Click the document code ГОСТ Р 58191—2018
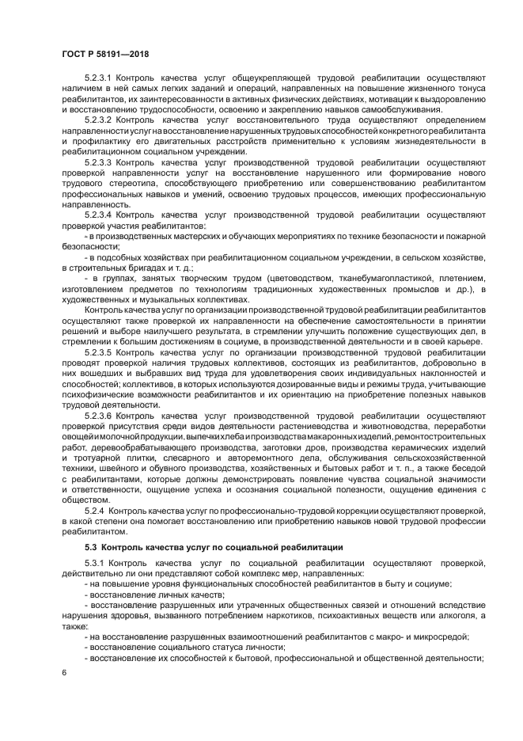point(105,54)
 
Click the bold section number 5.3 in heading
point(91,547)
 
